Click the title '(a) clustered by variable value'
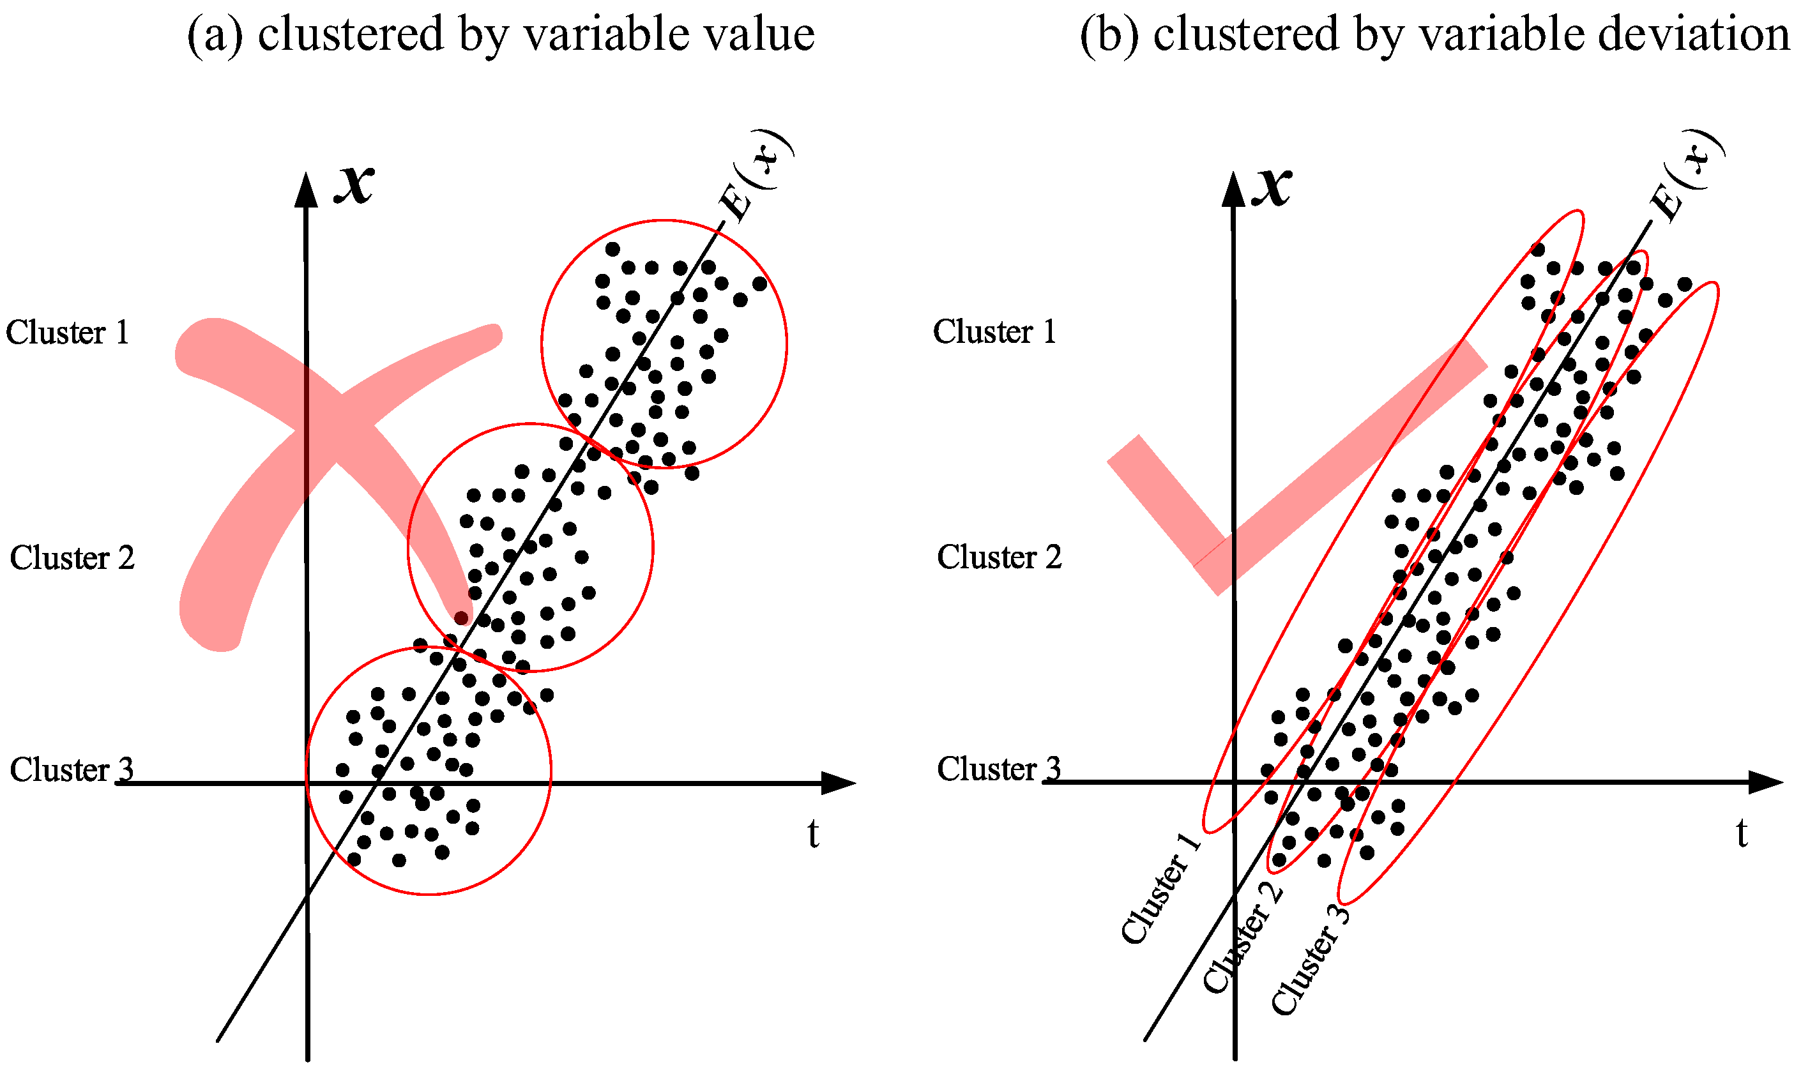(501, 34)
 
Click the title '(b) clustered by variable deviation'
(1434, 34)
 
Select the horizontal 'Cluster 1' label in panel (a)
(68, 333)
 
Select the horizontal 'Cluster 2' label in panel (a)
(72, 558)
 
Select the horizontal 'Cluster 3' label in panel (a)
(71, 770)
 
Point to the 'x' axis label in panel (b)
(1272, 185)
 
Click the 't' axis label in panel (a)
(813, 835)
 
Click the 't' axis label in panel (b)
(1741, 835)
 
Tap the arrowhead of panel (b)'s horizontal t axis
(1768, 783)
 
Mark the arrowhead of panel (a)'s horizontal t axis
(839, 783)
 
